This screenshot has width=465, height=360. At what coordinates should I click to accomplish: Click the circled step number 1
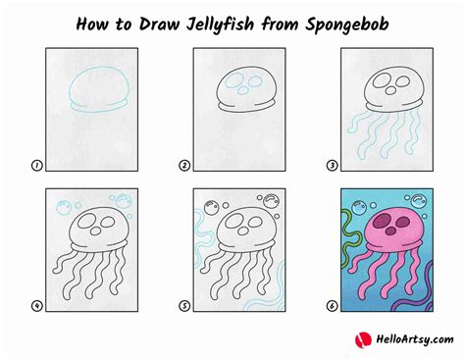point(36,167)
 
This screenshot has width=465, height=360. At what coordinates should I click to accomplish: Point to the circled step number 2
point(183,167)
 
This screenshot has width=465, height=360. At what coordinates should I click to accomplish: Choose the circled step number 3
point(331,167)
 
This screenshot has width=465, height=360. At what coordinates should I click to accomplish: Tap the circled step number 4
point(36,307)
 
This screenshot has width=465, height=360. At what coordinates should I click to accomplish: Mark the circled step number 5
point(183,307)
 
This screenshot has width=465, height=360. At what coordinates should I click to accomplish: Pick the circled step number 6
point(331,307)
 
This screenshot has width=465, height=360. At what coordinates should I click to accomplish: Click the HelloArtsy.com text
point(403,339)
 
